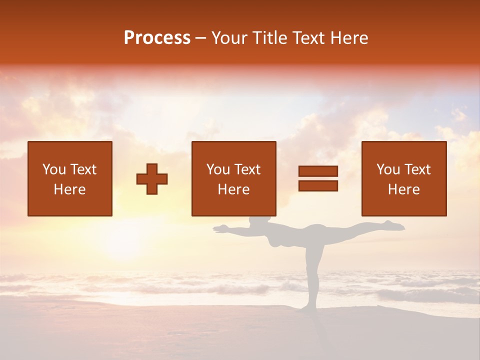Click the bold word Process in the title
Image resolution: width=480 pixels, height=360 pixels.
tap(157, 38)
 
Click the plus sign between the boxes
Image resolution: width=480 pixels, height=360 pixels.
tap(152, 179)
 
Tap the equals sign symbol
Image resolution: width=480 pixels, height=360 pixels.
tap(318, 178)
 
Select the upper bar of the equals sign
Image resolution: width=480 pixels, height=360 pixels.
tap(318, 171)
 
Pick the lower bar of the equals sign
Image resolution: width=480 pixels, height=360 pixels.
tap(318, 186)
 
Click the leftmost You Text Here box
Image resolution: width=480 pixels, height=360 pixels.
tap(70, 178)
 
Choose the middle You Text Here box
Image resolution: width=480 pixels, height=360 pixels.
tap(233, 178)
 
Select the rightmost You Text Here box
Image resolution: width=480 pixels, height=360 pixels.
tap(404, 178)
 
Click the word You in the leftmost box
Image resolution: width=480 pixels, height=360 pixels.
tap(53, 169)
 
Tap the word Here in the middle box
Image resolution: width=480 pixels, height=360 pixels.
tap(233, 189)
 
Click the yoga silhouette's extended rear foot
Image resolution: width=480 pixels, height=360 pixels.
tap(397, 226)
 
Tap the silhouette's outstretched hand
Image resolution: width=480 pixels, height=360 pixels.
tap(218, 229)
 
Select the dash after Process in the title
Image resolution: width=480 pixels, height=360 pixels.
tap(201, 38)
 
